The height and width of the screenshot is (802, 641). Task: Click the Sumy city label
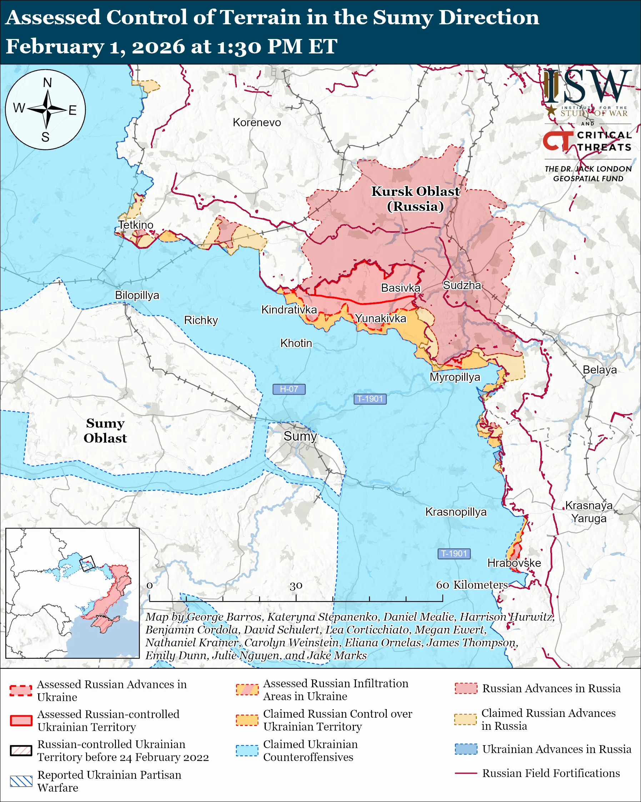300,436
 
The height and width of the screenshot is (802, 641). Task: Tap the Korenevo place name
257,122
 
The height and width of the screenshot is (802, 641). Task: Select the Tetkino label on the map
136,225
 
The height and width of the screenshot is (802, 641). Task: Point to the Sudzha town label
461,285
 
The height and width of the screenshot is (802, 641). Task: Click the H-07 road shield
289,389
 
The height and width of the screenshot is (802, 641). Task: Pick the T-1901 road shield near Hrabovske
454,554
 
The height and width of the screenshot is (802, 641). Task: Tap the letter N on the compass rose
47,83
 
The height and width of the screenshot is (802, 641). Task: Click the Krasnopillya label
456,512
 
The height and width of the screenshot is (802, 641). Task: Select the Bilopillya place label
137,295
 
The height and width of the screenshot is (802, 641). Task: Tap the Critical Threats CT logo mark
557,141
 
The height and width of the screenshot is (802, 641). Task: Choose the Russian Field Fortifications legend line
466,773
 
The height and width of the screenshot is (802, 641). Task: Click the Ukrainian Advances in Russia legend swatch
466,749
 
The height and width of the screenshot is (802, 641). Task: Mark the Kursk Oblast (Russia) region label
415,199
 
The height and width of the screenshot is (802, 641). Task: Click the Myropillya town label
455,377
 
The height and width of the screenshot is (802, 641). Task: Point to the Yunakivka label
380,318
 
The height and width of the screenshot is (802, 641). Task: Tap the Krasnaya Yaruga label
589,511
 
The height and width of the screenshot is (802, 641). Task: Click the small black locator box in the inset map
87,564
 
